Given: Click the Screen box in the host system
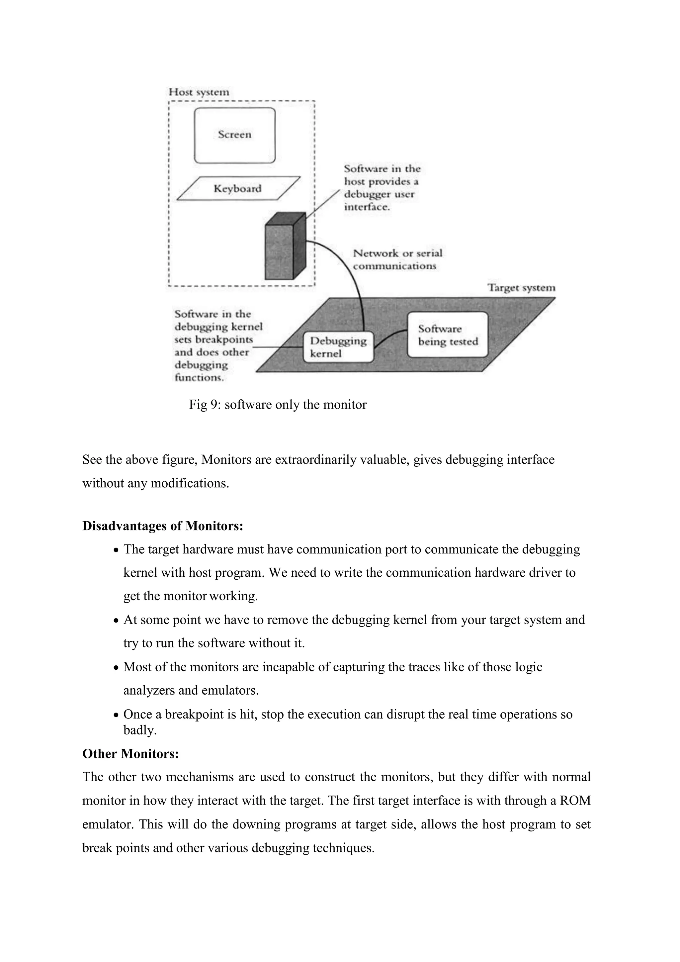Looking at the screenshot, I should point(234,135).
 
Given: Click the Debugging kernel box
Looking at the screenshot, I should point(338,347).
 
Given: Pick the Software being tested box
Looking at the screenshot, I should point(448,335).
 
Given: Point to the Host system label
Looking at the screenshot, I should point(199,92).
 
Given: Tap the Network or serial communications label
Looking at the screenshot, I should point(397,259).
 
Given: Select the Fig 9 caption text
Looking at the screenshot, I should point(278,405).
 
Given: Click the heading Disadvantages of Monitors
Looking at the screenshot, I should point(162,526).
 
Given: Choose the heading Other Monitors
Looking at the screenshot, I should point(130,754).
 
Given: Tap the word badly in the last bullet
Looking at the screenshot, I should point(140,730).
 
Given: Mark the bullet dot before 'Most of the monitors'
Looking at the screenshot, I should point(117,667).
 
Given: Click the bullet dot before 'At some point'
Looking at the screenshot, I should point(117,621).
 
